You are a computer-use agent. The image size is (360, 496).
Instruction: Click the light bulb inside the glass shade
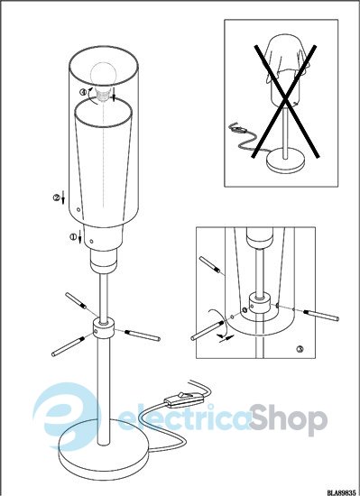pyautogui.click(x=104, y=80)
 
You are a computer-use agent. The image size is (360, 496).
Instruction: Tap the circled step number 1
pyautogui.click(x=73, y=236)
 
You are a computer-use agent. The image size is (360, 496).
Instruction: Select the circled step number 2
pyautogui.click(x=56, y=197)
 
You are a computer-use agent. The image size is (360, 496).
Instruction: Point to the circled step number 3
pyautogui.click(x=300, y=349)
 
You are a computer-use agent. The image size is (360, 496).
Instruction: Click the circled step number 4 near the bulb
pyautogui.click(x=83, y=92)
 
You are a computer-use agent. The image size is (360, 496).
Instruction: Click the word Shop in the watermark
pyautogui.click(x=289, y=419)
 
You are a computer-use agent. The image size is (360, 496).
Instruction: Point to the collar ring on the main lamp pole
pyautogui.click(x=103, y=329)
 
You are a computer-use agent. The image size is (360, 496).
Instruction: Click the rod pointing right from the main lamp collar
pyautogui.click(x=143, y=335)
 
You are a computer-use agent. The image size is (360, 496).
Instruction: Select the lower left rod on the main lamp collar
pyautogui.click(x=69, y=346)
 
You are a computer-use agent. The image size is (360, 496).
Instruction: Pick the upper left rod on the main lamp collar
pyautogui.click(x=76, y=301)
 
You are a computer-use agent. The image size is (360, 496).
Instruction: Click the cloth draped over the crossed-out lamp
pyautogui.click(x=286, y=61)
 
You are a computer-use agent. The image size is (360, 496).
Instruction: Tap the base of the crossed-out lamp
pyautogui.click(x=285, y=160)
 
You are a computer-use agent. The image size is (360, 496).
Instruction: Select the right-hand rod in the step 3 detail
pyautogui.click(x=321, y=315)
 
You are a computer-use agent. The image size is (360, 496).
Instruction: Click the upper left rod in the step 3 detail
pyautogui.click(x=209, y=264)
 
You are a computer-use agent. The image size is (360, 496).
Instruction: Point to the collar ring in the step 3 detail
pyautogui.click(x=260, y=303)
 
